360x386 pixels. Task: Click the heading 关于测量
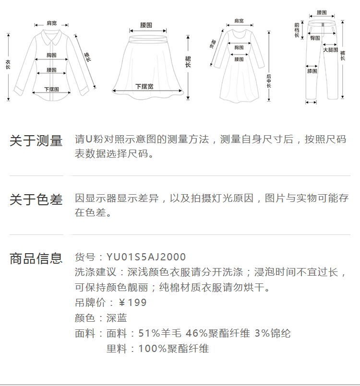36,141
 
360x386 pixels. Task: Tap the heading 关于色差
36,199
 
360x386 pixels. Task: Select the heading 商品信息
36,258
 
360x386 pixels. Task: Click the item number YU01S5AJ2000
146,257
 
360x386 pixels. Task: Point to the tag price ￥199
132,303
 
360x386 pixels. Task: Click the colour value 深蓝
117,318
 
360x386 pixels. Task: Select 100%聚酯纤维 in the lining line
174,349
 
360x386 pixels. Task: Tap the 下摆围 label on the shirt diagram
51,89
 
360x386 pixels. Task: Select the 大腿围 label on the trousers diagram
330,50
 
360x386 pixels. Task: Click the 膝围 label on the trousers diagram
312,71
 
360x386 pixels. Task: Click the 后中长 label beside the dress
269,81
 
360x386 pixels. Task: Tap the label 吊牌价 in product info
88,303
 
